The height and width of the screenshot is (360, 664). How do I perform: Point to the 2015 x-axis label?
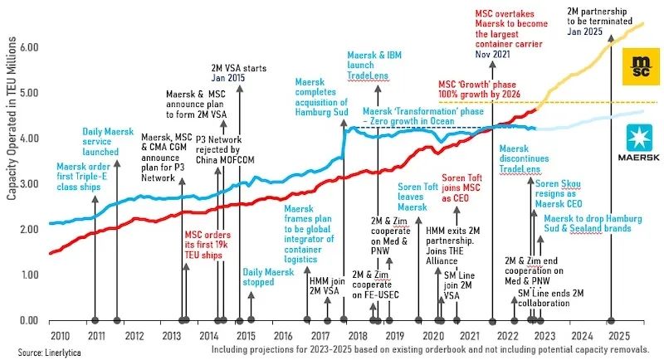tap(246, 335)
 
